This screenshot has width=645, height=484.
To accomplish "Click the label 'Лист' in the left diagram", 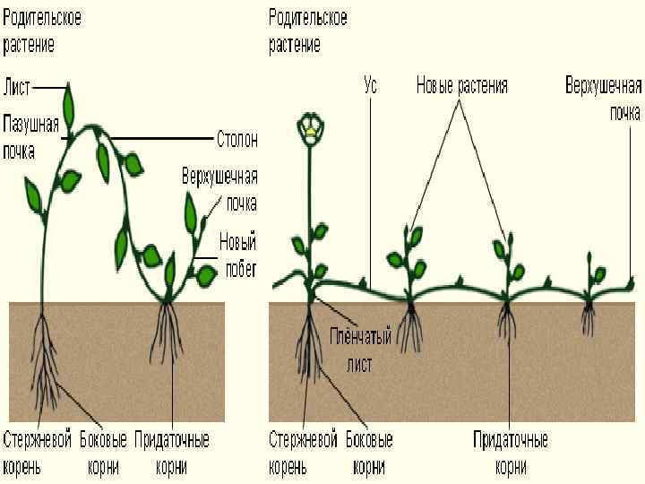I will click(x=18, y=87).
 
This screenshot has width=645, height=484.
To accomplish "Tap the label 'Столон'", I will click(x=237, y=139).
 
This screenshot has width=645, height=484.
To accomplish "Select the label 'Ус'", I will click(x=370, y=87).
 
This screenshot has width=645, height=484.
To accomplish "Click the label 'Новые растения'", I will click(x=461, y=87).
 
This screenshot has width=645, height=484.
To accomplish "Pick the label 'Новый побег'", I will click(x=237, y=252).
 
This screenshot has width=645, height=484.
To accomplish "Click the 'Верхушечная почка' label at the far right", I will click(x=603, y=98).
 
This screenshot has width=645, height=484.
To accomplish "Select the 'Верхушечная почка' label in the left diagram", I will click(x=219, y=186).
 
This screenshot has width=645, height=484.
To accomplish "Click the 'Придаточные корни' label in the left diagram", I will click(x=172, y=453).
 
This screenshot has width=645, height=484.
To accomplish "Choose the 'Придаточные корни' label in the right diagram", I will click(x=511, y=453).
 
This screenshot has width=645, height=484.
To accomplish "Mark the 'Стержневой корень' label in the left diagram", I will click(x=37, y=453).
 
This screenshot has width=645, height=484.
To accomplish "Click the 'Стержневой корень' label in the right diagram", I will click(x=304, y=453).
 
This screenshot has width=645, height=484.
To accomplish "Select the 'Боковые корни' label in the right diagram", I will click(x=369, y=453).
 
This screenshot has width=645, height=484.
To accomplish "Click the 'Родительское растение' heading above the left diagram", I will click(x=41, y=30).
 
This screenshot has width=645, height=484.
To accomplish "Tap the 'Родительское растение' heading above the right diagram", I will click(x=307, y=30).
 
